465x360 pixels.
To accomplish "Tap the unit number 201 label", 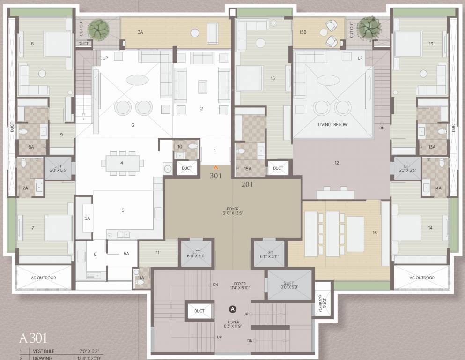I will tap(247, 185).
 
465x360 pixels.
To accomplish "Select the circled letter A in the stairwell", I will tap(232, 308).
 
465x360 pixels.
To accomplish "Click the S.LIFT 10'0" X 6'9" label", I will tap(289, 284).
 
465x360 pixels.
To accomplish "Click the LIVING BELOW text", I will tap(332, 125).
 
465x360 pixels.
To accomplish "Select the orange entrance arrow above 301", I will tap(216, 167).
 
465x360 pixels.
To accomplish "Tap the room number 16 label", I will tap(375, 232).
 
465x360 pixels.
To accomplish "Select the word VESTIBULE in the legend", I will tap(44, 351).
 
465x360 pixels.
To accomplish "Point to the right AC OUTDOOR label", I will tap(421, 277).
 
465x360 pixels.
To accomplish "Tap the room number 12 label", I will tap(336, 163).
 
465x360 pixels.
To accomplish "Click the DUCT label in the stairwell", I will tap(199, 311).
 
